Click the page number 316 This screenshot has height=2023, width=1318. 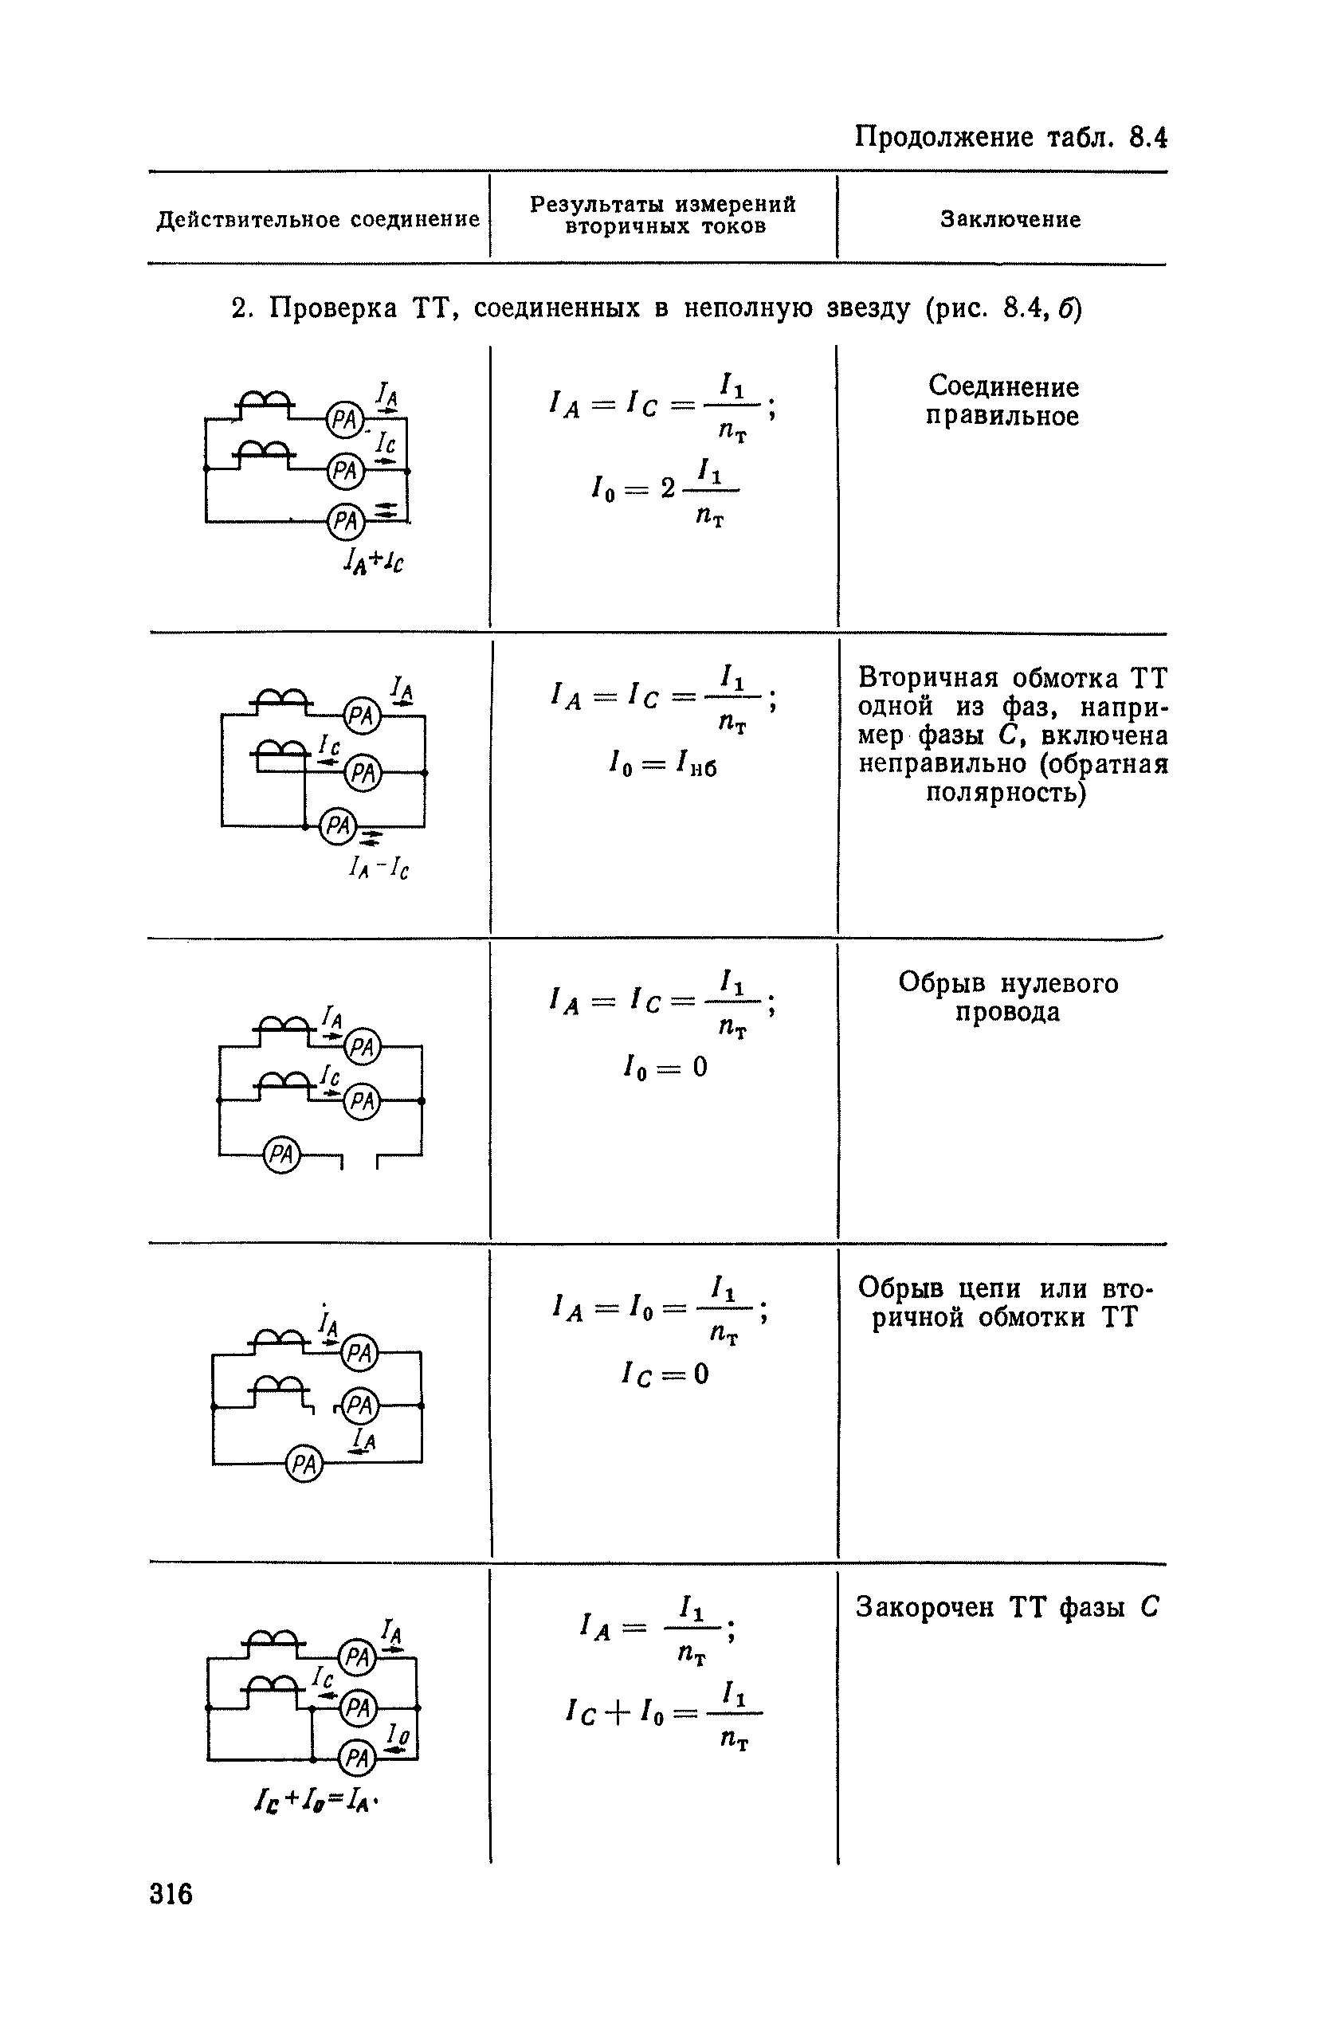tap(171, 1894)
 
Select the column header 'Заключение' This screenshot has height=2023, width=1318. tap(1010, 219)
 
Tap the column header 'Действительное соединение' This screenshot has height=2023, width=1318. tap(319, 220)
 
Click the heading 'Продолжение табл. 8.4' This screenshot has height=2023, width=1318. tap(1010, 137)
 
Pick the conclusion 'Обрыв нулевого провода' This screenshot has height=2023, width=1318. tap(1008, 997)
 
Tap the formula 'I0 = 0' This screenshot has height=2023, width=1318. tap(664, 1066)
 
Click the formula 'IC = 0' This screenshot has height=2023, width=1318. tap(664, 1374)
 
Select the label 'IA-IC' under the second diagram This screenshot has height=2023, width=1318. tap(379, 867)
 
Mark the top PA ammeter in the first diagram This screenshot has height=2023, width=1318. tap(345, 420)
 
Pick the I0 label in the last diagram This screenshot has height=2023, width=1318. tap(397, 1733)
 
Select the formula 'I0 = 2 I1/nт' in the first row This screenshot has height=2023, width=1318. tap(664, 492)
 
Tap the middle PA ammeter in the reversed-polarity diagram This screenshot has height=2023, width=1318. tap(364, 774)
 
